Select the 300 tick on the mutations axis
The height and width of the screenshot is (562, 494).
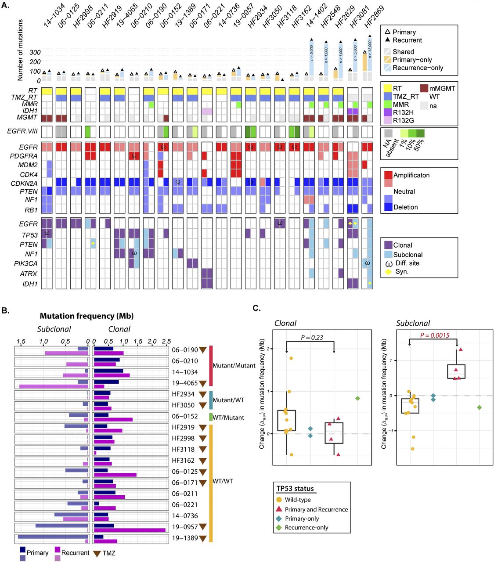[x=35, y=52]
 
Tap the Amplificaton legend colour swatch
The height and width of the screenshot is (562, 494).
[x=388, y=175]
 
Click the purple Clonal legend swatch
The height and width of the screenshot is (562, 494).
[x=388, y=245]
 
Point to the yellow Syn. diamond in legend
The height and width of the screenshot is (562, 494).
[x=388, y=272]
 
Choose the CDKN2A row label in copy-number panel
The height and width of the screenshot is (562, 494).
[x=24, y=183]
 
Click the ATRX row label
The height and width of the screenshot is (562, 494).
[x=29, y=274]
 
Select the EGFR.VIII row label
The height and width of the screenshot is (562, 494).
[x=22, y=131]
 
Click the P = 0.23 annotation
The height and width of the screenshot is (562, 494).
[x=312, y=337]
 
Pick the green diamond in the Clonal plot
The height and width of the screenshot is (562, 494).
[x=357, y=398]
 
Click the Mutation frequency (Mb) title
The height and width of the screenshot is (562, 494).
[x=87, y=316]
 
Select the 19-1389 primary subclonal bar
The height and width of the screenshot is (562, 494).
[x=53, y=536]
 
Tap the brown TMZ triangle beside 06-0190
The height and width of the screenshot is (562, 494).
[x=202, y=350]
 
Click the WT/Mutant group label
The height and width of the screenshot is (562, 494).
[x=228, y=417]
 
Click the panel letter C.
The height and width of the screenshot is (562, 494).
[x=257, y=308]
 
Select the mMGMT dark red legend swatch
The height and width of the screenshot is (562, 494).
[x=424, y=88]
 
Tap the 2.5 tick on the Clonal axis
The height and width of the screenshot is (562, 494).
[x=166, y=341]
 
